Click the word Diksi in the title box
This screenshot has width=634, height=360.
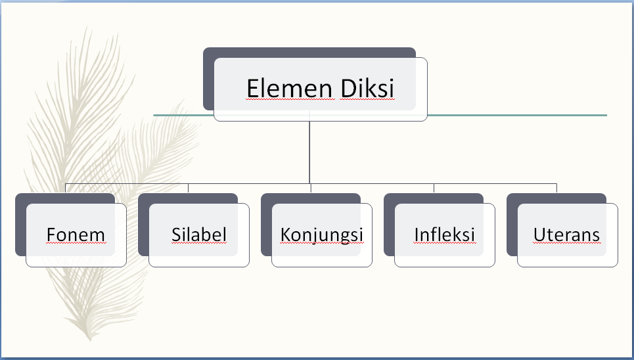tap(368, 88)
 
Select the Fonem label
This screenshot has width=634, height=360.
tap(76, 235)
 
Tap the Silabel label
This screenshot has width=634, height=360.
tap(199, 235)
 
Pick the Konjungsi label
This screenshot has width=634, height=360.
tap(322, 235)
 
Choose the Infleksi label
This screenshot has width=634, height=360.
tap(445, 235)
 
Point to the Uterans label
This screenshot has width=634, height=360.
tap(567, 235)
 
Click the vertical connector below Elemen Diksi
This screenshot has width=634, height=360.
tap(309, 151)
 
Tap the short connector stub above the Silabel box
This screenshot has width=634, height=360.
tap(188, 188)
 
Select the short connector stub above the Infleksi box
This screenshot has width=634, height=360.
tap(434, 188)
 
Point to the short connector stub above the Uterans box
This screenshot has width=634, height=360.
tap(556, 188)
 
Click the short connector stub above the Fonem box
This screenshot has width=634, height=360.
tap(65, 188)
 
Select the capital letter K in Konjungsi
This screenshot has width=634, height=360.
tap(285, 235)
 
